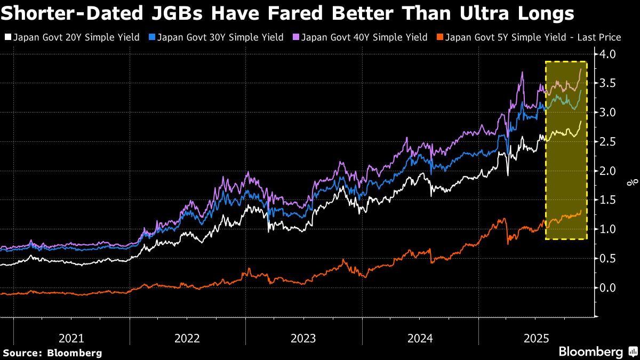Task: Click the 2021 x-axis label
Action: [71, 338]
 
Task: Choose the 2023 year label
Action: [303, 338]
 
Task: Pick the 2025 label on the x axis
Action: [536, 338]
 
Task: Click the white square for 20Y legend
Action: [7, 37]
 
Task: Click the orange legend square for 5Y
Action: [439, 37]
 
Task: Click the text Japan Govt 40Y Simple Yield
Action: [364, 37]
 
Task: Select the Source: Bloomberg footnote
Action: [52, 353]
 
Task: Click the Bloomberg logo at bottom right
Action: [597, 351]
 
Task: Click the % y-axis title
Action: [633, 182]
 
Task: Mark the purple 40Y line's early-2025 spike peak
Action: [522, 73]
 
